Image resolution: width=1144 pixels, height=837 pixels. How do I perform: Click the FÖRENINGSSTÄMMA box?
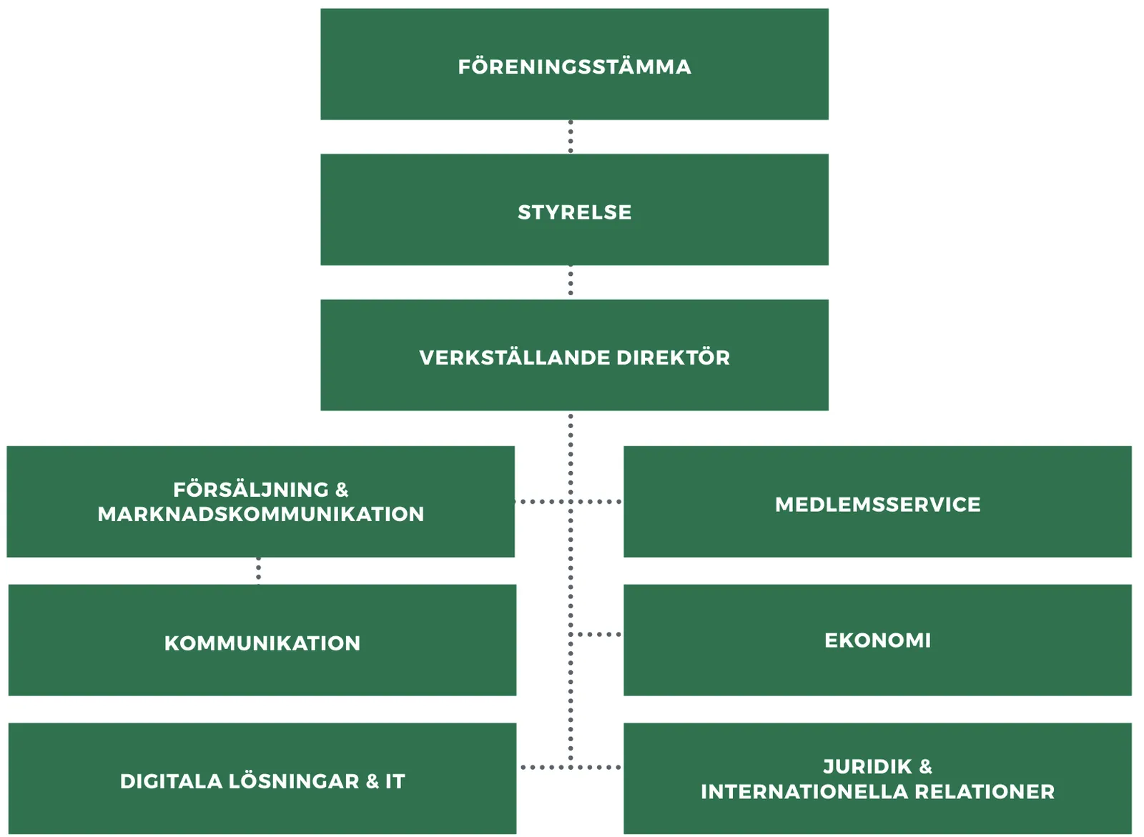574,64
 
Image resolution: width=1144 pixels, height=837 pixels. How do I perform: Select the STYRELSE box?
574,209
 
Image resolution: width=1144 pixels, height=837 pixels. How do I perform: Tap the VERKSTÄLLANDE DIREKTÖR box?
574,355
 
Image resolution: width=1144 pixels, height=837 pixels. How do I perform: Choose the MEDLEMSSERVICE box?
877,502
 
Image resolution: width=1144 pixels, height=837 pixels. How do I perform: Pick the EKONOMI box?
877,640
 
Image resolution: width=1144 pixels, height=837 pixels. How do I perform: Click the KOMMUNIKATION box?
262,640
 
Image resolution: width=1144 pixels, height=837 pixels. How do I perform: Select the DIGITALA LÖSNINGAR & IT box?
262,778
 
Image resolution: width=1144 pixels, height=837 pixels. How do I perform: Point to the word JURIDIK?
867,767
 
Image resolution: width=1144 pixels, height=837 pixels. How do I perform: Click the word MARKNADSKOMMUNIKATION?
261,514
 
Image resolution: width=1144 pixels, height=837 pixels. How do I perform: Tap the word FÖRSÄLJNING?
251,490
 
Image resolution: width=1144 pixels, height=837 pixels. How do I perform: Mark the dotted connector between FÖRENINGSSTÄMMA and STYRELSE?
571,137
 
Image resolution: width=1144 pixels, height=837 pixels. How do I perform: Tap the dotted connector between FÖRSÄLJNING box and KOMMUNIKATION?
258,570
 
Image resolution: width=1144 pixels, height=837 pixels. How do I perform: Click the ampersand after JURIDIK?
926,767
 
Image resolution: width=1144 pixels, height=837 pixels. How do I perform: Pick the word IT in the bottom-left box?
395,781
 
